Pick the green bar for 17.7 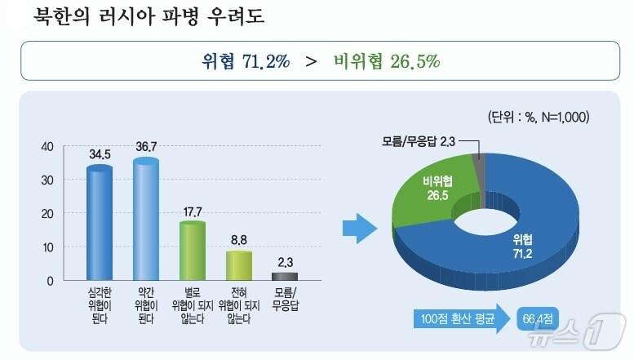(x=192, y=251)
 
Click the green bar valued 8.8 (x=238, y=266)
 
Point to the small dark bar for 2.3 (x=285, y=277)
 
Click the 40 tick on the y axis (x=47, y=147)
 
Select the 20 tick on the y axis (x=47, y=214)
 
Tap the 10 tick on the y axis (x=47, y=247)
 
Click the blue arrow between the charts (x=356, y=228)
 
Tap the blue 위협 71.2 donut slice (x=522, y=237)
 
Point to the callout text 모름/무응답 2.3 (x=418, y=142)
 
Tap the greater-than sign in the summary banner (x=311, y=61)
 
